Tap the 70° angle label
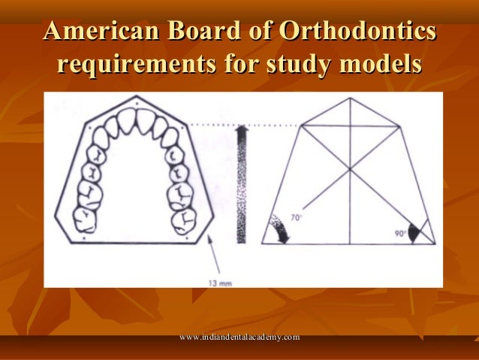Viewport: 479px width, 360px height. click(x=297, y=219)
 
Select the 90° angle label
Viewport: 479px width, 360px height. click(x=402, y=234)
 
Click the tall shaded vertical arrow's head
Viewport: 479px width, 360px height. click(x=241, y=134)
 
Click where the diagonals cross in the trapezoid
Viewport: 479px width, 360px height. click(x=349, y=170)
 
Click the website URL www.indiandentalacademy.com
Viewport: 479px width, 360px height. click(x=239, y=338)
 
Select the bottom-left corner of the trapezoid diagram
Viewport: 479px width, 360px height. click(x=263, y=244)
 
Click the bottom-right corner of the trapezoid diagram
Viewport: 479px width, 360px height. click(x=435, y=244)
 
